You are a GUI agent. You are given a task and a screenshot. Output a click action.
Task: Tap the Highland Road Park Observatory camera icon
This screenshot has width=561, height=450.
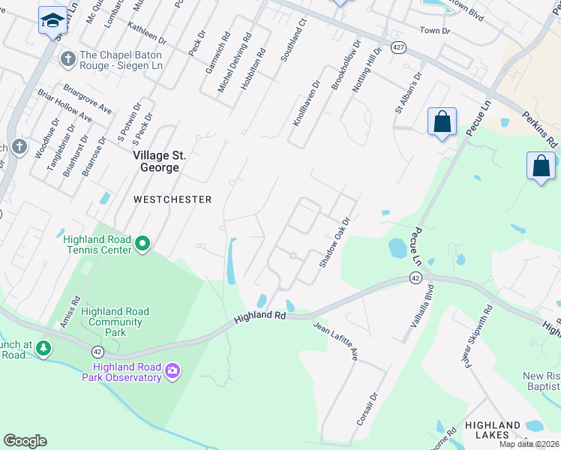pos(173,370)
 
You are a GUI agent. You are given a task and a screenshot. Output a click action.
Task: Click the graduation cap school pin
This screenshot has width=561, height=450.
pos(53,22)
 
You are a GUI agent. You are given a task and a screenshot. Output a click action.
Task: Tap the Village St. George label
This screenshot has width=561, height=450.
pos(156,161)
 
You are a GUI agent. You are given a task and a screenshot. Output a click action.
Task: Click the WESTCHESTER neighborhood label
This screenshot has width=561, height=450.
pos(172,199)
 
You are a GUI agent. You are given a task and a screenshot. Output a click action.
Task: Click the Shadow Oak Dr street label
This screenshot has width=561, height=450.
pos(335,243)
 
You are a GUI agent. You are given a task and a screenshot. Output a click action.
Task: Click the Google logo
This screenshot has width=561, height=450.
pos(25,441)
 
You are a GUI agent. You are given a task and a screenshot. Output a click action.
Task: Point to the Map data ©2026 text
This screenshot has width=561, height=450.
pos(530,444)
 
